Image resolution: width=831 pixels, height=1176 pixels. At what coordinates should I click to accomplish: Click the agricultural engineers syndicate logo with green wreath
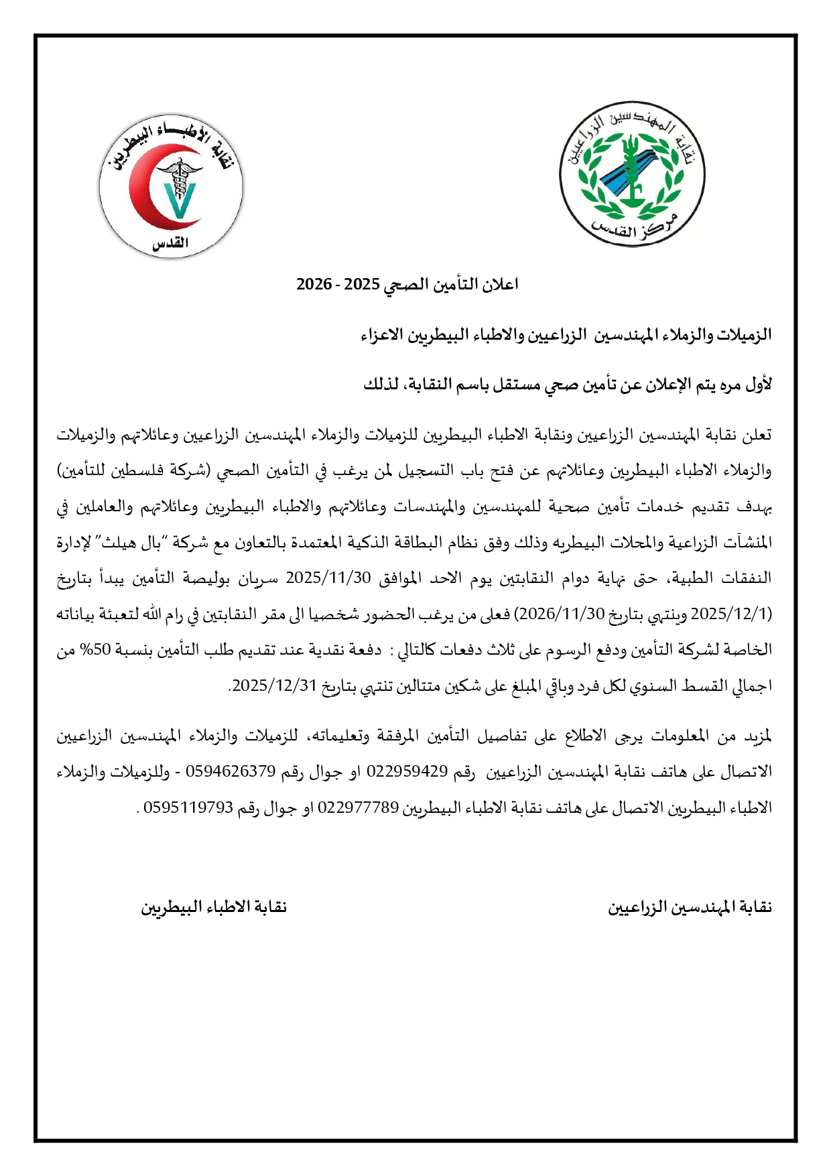pos(632,174)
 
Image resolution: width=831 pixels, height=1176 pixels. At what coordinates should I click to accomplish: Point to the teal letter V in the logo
pos(179,200)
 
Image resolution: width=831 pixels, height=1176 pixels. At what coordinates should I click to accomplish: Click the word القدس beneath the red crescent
pos(170,245)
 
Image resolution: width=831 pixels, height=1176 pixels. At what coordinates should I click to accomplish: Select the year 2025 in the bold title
pos(363,285)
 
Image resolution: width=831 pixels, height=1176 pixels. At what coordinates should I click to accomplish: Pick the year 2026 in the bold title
pos(314,285)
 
